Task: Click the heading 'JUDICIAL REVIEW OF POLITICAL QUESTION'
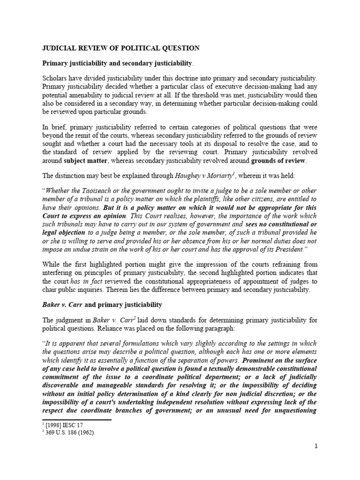(121, 48)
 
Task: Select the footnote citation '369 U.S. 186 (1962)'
(69, 433)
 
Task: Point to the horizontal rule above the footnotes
(77, 420)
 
